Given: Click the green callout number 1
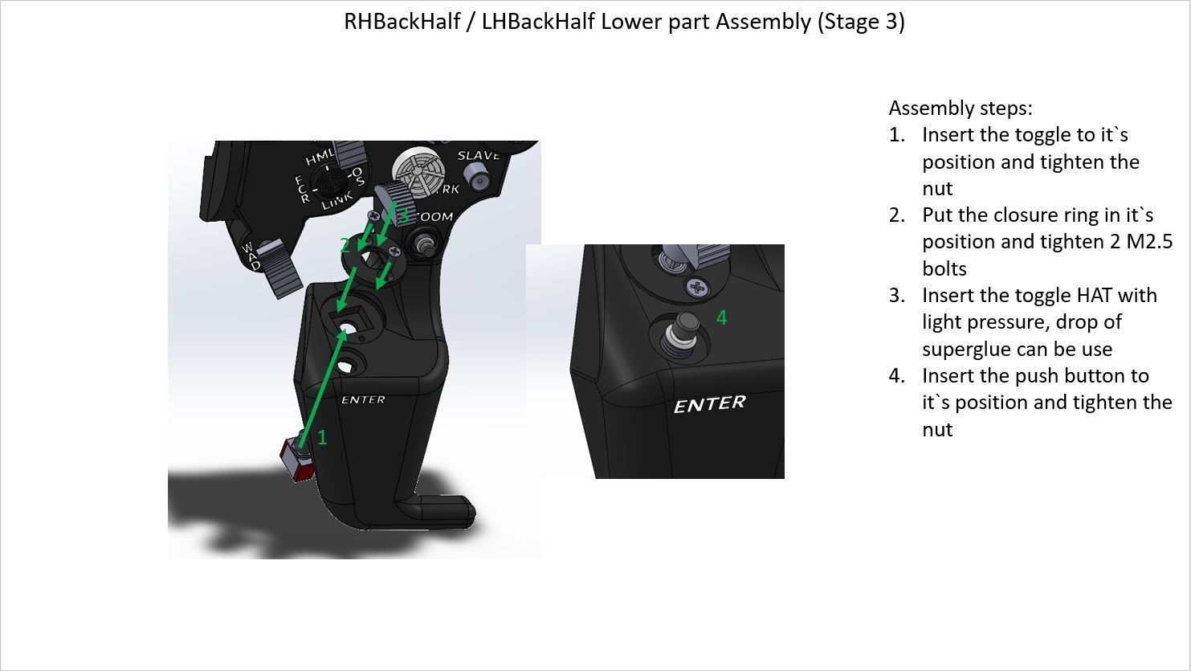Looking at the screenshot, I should pyautogui.click(x=322, y=437).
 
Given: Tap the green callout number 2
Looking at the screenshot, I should pyautogui.click(x=345, y=245).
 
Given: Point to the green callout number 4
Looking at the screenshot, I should pyautogui.click(x=721, y=318).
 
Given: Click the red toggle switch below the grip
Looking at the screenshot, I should pyautogui.click(x=296, y=461).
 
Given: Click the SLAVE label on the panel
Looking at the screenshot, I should pyautogui.click(x=479, y=155).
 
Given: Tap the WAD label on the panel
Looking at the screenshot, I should pyautogui.click(x=252, y=256).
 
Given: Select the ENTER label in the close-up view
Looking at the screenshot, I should pyautogui.click(x=709, y=404).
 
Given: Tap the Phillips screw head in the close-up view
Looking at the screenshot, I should pyautogui.click(x=696, y=287).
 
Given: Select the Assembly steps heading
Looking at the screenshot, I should pyautogui.click(x=961, y=108).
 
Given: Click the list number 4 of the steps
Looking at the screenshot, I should pyautogui.click(x=895, y=376).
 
